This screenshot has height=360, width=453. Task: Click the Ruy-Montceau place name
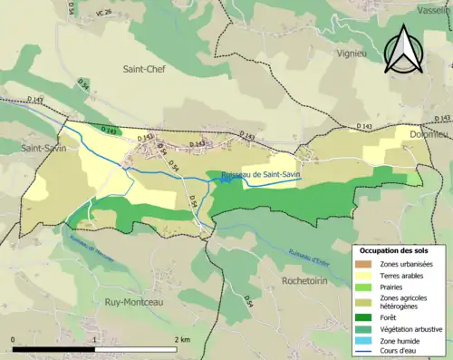pos(135,301)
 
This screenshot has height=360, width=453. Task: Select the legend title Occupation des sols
pos(400,249)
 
